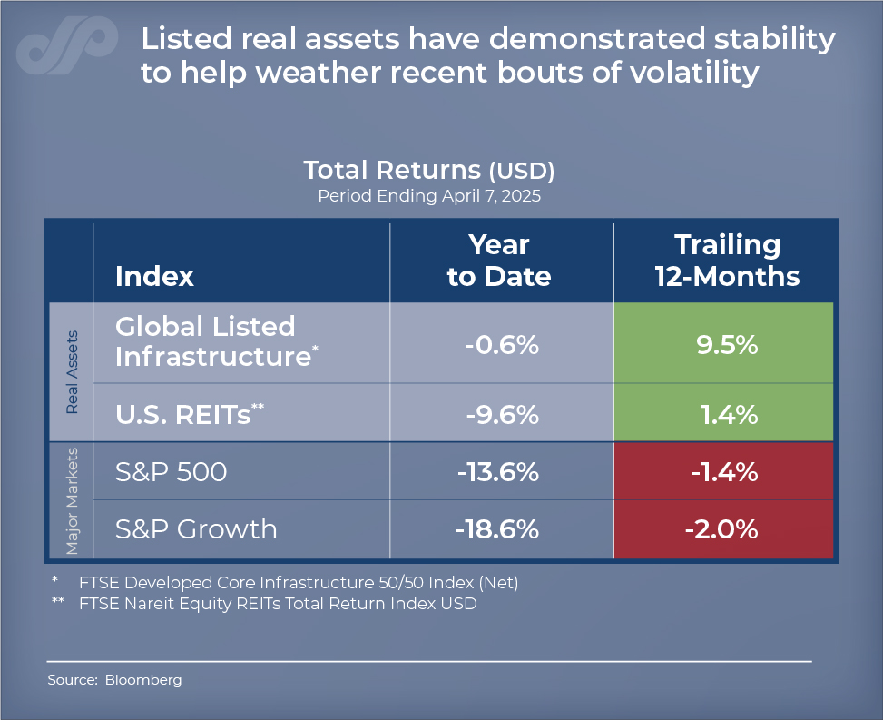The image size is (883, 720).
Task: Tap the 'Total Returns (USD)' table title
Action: [x=428, y=171]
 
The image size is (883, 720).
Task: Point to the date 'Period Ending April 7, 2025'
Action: [x=428, y=196]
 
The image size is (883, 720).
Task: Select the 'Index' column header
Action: [x=154, y=276]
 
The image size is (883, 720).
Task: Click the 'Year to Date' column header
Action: [x=499, y=260]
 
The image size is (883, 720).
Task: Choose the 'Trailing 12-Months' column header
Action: [x=727, y=260]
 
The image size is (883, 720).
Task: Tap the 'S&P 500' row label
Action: [x=171, y=472]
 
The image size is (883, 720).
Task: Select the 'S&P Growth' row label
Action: [x=196, y=528]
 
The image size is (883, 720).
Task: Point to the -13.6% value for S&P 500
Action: [x=499, y=472]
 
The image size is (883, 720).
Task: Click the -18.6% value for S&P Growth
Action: [x=499, y=528]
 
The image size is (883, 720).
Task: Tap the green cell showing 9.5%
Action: [x=727, y=346]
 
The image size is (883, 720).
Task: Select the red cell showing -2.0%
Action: [x=727, y=528]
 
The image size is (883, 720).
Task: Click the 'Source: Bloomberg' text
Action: [x=114, y=679]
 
